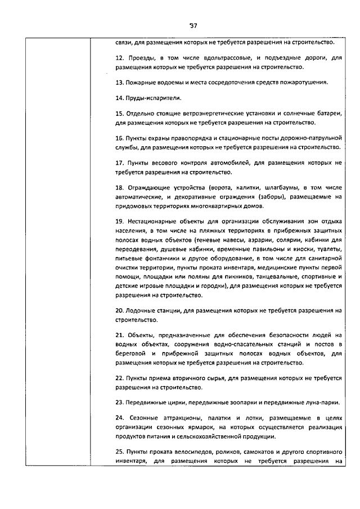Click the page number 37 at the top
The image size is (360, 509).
coord(193,25)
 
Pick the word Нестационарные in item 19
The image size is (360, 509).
coord(153,222)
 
